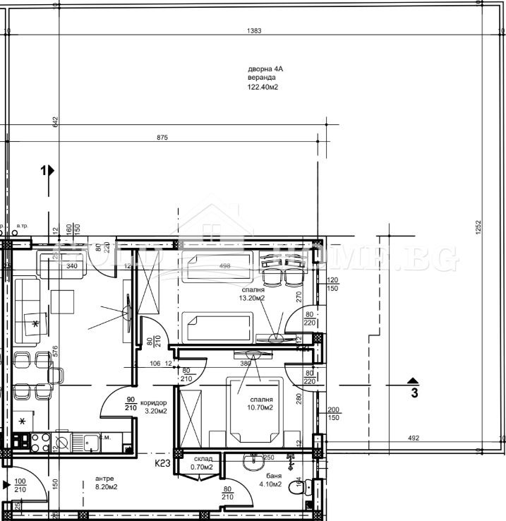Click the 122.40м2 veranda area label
pyautogui.click(x=261, y=88)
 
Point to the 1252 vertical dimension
pyautogui.click(x=478, y=227)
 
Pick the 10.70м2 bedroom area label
pyautogui.click(x=260, y=407)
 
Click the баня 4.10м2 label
pyautogui.click(x=270, y=479)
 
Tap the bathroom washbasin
pyautogui.click(x=251, y=460)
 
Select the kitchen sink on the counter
pyautogui.click(x=90, y=442)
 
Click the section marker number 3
pyautogui.click(x=415, y=393)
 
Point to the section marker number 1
pyautogui.click(x=44, y=170)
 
